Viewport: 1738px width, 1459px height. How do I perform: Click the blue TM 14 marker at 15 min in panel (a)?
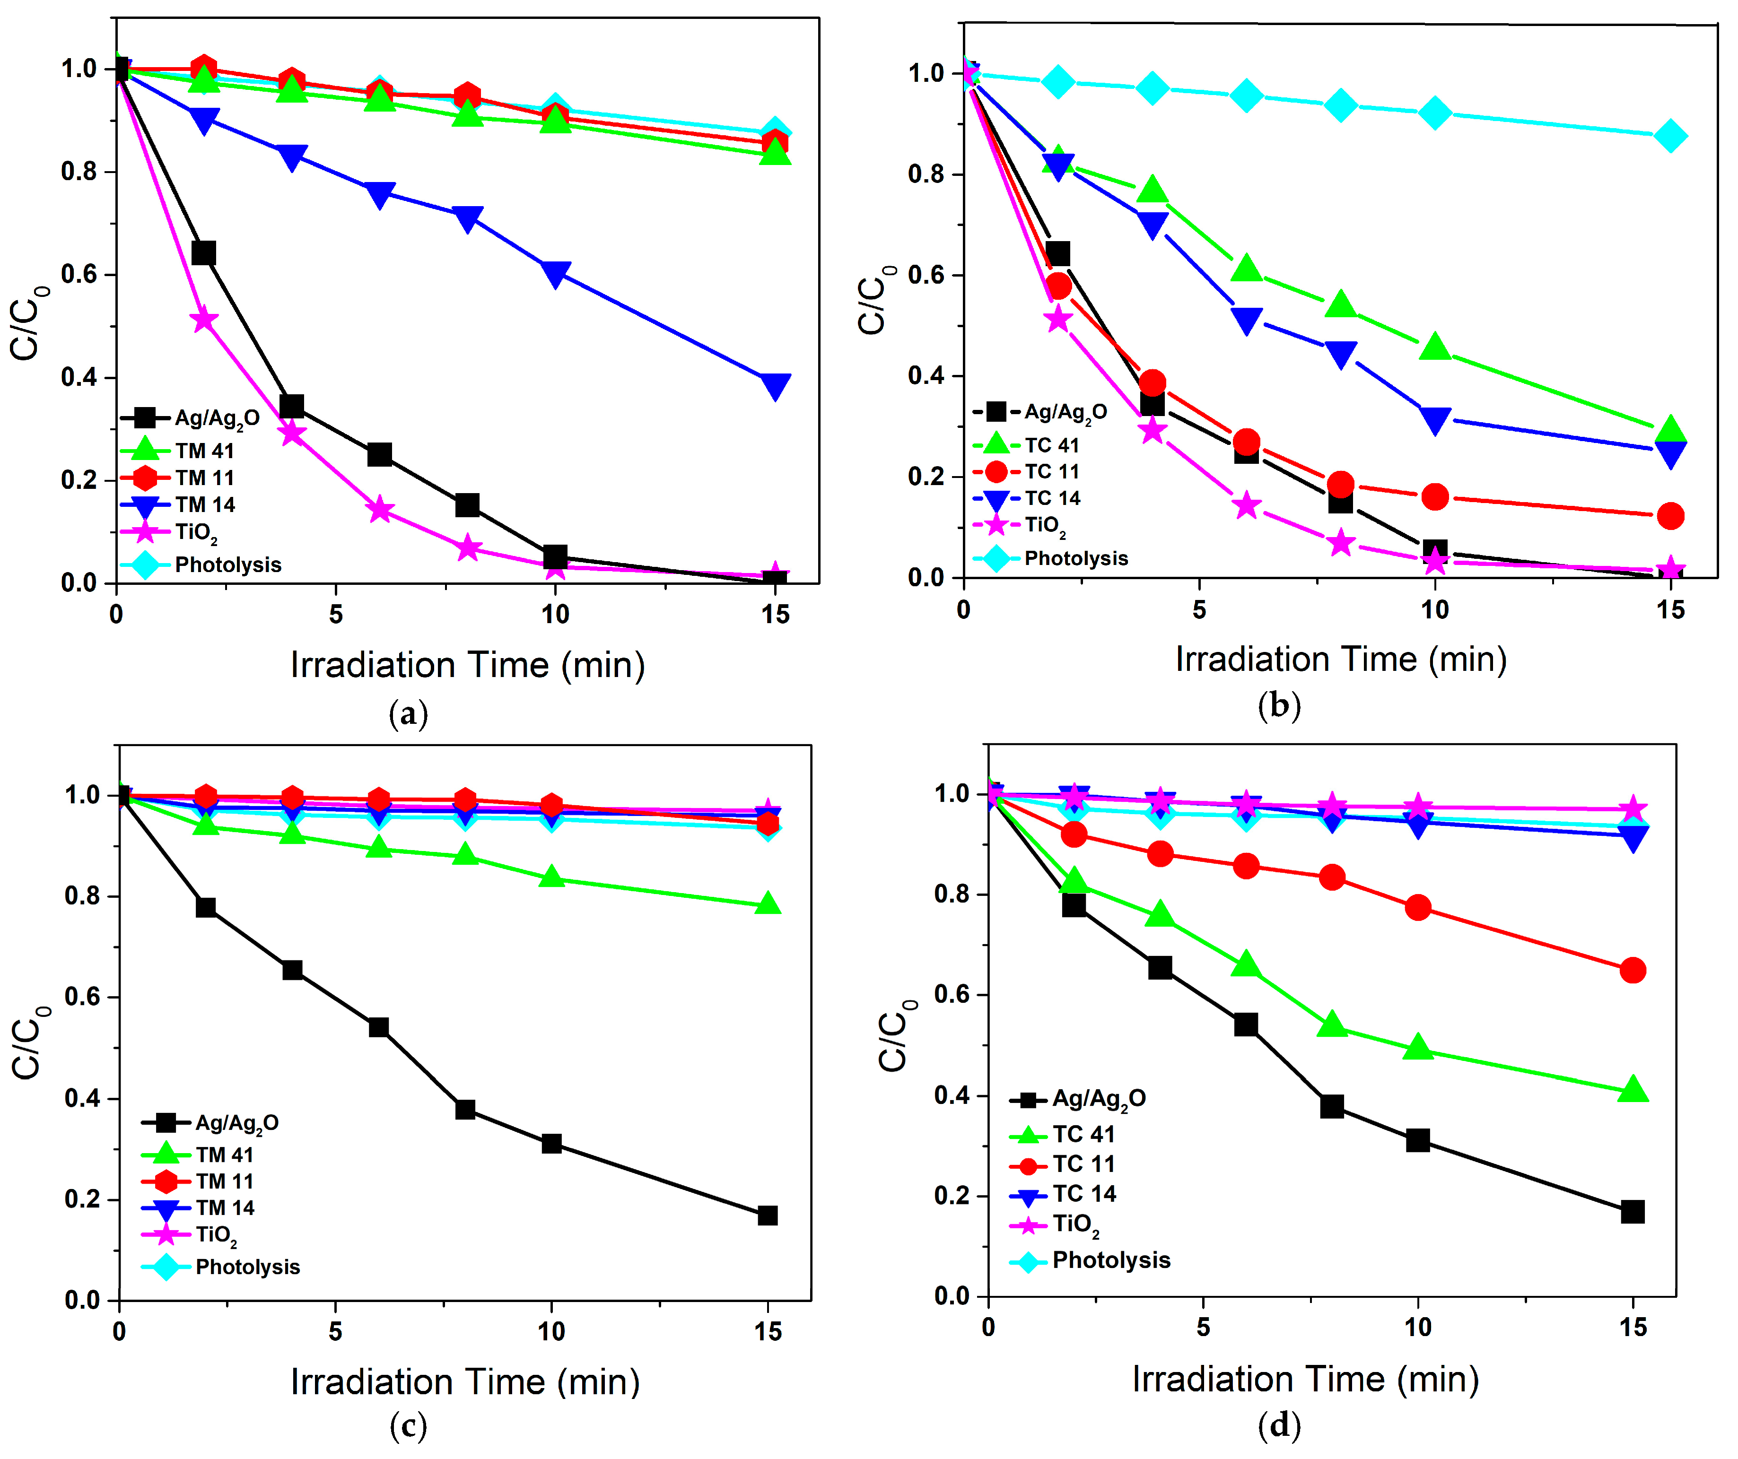(775, 386)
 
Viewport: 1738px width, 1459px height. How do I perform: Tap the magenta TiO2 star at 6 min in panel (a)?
(380, 510)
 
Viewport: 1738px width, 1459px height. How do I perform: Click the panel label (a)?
(408, 713)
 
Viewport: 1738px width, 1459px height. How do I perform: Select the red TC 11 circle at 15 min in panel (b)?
(1670, 516)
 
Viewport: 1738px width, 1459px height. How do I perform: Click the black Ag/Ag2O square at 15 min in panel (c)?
(767, 1216)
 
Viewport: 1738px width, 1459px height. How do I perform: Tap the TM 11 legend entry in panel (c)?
(223, 1181)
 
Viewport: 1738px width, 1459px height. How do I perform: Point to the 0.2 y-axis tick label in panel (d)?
(952, 1196)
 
